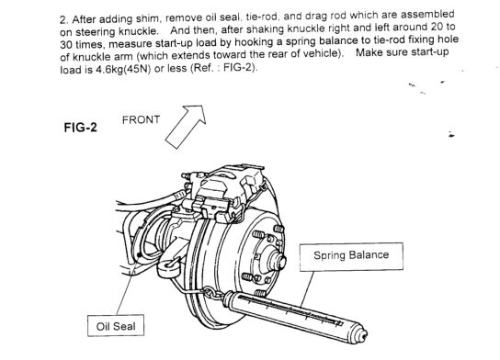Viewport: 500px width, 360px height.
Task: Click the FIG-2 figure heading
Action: coord(80,128)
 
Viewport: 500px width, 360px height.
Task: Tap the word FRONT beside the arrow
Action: coord(141,119)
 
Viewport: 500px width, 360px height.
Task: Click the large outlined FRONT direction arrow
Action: coord(186,127)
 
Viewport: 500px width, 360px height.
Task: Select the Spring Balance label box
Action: coord(351,257)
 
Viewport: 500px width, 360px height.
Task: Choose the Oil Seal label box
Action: coord(116,325)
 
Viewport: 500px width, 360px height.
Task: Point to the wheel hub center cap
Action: coord(277,261)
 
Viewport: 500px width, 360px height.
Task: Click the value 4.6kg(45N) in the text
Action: coord(123,70)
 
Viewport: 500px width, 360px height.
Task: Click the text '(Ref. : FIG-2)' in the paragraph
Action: coord(223,68)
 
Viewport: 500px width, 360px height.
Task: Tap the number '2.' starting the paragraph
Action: coord(63,20)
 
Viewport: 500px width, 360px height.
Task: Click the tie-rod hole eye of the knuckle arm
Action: coord(168,267)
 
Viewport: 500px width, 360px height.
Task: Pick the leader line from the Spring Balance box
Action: coord(307,289)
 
